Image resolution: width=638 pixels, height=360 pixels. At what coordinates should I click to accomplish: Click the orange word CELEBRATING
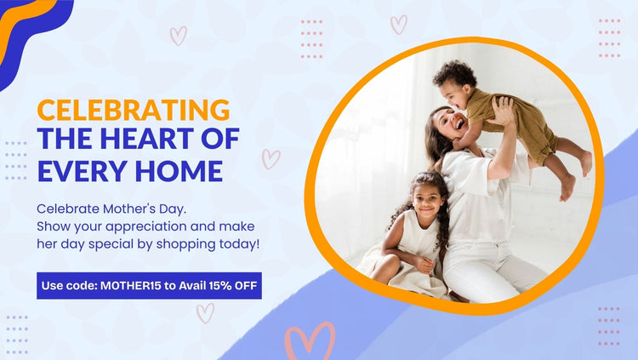tap(134, 110)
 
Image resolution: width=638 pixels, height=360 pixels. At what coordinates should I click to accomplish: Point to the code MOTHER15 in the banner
tap(131, 285)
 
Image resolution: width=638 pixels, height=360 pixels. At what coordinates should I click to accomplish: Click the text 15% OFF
tap(233, 285)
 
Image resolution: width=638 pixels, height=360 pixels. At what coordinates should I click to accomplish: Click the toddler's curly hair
tap(454, 74)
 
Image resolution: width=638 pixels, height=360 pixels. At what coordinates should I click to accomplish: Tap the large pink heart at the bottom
tap(310, 341)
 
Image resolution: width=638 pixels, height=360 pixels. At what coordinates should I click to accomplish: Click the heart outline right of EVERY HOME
tap(271, 159)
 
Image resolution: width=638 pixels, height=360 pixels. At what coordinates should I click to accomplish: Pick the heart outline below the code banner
tap(206, 312)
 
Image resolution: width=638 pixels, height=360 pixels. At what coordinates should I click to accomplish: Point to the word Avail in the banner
tap(192, 285)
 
